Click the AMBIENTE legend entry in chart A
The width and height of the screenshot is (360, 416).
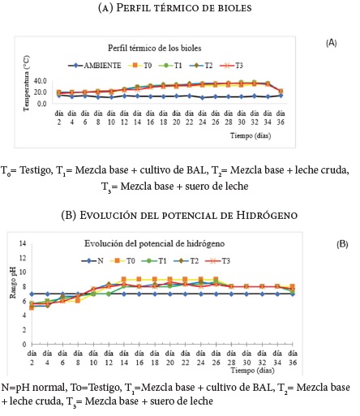(x=95, y=66)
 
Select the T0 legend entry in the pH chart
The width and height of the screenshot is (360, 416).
(x=122, y=261)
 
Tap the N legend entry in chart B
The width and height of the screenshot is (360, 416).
(x=92, y=261)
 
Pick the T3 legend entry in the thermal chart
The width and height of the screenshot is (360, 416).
(x=231, y=66)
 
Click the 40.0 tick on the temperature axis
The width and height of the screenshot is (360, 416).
(x=41, y=80)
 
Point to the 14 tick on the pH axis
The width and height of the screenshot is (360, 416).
(x=23, y=243)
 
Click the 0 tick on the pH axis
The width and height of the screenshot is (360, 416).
(x=24, y=345)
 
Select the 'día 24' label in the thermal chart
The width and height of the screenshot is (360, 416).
(x=202, y=118)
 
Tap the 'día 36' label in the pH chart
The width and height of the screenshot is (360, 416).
(x=293, y=358)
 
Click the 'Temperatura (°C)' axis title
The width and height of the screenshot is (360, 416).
(x=27, y=84)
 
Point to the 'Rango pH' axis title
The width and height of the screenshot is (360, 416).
(x=13, y=283)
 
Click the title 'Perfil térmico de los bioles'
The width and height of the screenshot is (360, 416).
(x=155, y=48)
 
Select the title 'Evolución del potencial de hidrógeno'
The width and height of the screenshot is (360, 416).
(x=154, y=243)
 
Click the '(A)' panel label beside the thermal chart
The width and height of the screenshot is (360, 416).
(x=332, y=43)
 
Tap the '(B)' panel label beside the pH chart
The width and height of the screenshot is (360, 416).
(x=342, y=244)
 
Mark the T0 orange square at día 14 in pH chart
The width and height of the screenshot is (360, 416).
(x=124, y=279)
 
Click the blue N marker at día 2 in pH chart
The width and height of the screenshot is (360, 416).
(x=32, y=294)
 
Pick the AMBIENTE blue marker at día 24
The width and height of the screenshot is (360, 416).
(x=202, y=97)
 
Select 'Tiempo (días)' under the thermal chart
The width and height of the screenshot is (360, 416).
(x=251, y=135)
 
